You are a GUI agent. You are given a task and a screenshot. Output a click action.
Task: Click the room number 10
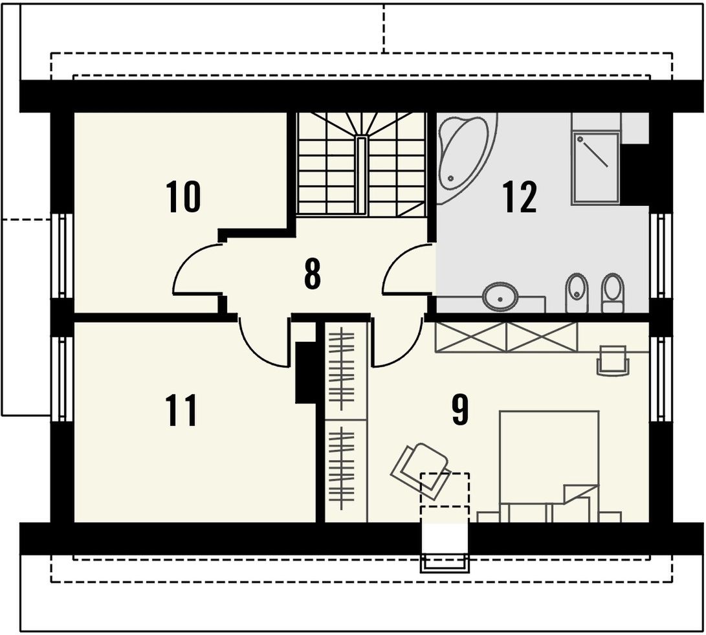point(182,196)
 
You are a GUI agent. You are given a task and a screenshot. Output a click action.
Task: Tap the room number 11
point(181,410)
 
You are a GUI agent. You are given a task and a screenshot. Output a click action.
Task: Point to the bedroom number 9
point(459,410)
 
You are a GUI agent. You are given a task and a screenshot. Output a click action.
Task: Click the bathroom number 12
point(520,196)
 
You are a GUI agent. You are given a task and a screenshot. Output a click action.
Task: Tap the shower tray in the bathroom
point(595,168)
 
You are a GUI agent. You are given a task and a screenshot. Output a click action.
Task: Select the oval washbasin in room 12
point(500,297)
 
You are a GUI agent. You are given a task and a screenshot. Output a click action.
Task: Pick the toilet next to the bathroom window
point(613,293)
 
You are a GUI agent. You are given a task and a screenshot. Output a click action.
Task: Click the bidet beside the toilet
point(577,293)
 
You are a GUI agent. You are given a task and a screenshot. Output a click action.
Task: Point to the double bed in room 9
point(549,466)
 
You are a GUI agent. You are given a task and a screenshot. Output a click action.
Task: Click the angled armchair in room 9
point(420,471)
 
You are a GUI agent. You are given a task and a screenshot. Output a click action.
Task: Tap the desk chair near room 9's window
point(613,360)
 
